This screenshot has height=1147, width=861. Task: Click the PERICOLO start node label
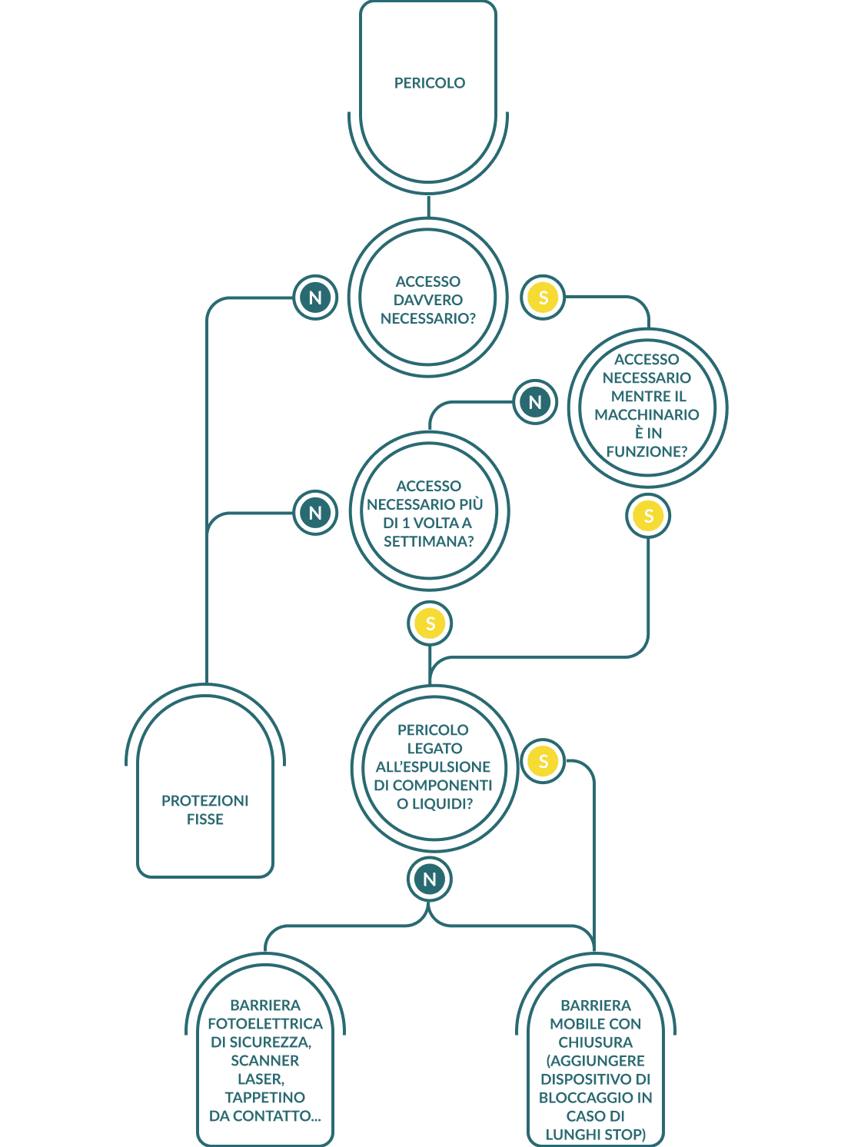tap(429, 83)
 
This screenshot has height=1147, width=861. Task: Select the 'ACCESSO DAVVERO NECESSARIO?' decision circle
tap(427, 299)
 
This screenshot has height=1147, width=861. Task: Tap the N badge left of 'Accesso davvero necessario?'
tap(315, 298)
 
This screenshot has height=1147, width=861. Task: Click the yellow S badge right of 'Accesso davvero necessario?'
tap(543, 298)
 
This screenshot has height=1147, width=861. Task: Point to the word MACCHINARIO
tap(647, 415)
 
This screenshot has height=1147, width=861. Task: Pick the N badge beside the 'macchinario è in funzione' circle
tap(535, 402)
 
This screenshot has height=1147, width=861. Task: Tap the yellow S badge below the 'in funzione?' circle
tap(648, 516)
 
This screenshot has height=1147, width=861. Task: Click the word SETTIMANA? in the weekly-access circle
tap(428, 541)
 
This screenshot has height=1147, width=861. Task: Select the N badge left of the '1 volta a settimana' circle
tap(315, 513)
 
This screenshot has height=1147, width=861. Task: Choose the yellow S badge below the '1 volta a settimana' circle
tap(430, 623)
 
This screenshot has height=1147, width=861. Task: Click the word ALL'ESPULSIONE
tap(433, 767)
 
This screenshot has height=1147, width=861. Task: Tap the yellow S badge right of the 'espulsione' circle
tap(543, 761)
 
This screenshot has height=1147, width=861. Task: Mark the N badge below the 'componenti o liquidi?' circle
tap(429, 879)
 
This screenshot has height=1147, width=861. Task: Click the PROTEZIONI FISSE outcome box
tap(205, 810)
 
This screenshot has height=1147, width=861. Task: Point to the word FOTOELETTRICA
tap(265, 1024)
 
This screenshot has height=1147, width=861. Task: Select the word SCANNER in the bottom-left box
tap(265, 1061)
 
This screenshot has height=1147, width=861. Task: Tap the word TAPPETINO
tap(265, 1098)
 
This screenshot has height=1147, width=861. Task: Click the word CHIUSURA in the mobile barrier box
tap(595, 1042)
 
